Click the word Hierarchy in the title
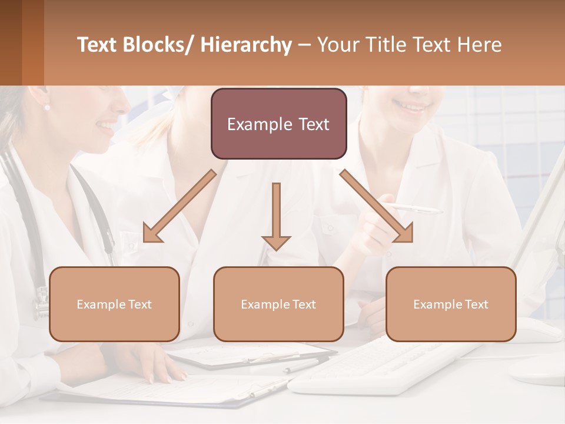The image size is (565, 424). tap(246, 45)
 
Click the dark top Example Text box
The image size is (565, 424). tap(278, 124)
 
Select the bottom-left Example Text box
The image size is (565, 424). tap(114, 304)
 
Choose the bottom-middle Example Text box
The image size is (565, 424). tap(278, 304)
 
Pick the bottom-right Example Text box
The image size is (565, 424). tap(451, 304)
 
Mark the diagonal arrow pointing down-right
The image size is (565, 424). tap(377, 206)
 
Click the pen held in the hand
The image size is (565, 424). tap(415, 208)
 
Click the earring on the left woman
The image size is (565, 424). tap(46, 107)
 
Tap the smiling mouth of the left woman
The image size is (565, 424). tap(106, 127)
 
